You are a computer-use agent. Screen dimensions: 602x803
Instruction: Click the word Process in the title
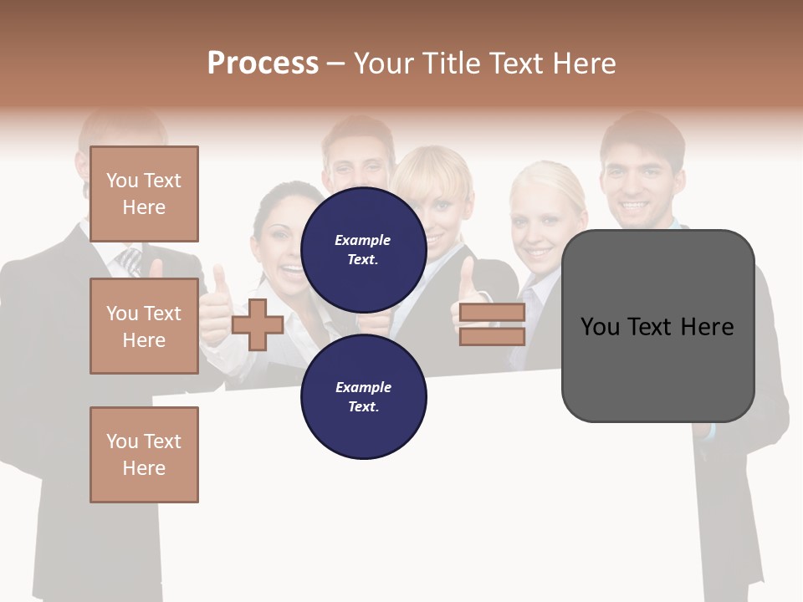(x=263, y=64)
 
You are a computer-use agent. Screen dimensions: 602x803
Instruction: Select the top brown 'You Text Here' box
(x=144, y=194)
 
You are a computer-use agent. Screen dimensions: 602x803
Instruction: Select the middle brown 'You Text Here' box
(x=144, y=326)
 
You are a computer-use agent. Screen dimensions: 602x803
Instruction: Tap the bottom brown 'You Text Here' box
(x=144, y=454)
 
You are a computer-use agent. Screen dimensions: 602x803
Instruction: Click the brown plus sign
(x=258, y=324)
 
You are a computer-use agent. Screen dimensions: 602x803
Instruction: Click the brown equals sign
(x=492, y=324)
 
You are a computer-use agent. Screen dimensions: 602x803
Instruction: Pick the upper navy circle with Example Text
(x=363, y=250)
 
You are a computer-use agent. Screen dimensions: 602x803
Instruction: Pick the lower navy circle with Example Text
(x=363, y=396)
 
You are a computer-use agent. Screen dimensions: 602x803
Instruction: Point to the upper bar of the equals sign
(x=492, y=313)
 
